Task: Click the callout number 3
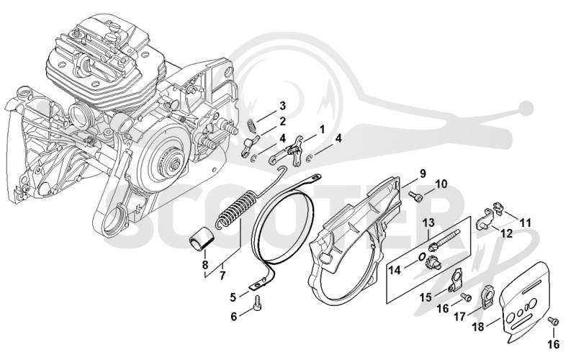282,106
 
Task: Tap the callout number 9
423,174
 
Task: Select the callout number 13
428,222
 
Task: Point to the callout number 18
478,326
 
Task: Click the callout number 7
222,275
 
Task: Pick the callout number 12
507,233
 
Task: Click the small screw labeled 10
415,197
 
